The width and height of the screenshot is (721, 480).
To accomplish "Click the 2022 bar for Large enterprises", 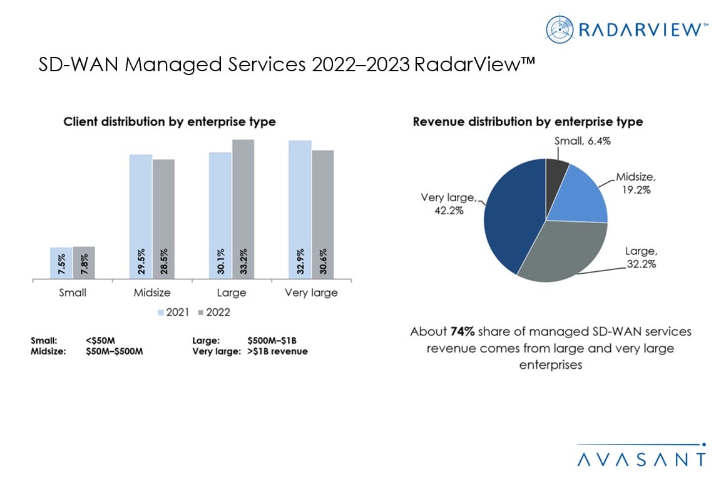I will (243, 209).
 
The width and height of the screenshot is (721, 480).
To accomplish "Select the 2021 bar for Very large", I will (300, 209).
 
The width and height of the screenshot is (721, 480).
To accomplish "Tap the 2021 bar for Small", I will (61, 262).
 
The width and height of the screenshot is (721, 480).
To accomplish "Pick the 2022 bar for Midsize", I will (163, 219).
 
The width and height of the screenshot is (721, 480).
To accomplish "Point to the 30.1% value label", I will (220, 262).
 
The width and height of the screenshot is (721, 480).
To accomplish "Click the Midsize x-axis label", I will (152, 292).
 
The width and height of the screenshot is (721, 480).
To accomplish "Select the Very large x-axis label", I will (311, 292).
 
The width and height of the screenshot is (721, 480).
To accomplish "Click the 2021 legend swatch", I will (161, 312).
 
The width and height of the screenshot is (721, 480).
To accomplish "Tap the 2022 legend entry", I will (213, 312).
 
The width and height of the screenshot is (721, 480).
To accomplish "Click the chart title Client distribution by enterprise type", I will (170, 122).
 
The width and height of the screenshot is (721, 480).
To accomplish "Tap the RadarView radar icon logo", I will (559, 27).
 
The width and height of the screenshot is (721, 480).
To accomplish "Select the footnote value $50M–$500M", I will (115, 351).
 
